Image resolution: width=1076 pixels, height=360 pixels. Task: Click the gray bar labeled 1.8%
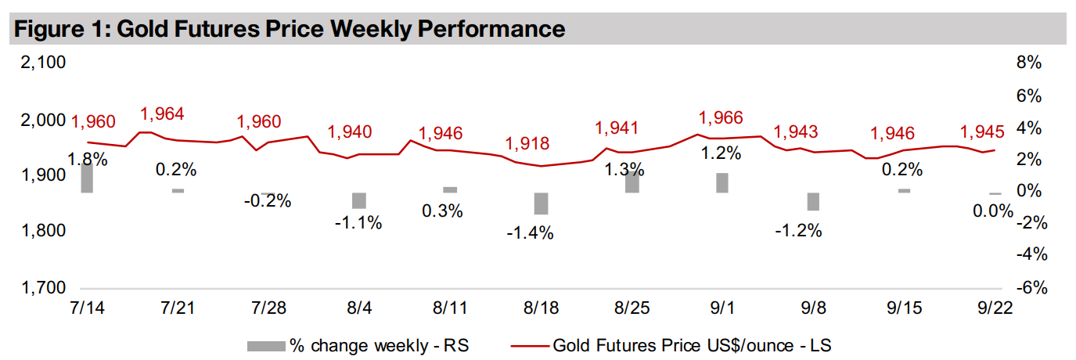coord(86,178)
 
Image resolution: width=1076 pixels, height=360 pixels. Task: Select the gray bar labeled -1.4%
coord(541,203)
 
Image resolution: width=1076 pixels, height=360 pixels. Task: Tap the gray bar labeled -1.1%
coord(358,200)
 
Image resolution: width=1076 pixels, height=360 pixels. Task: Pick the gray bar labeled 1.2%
coord(722,182)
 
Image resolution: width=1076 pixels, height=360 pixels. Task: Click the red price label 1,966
coord(722,118)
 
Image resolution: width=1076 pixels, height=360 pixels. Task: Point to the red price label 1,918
coord(527,144)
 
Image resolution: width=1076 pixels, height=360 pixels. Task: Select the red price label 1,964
coord(162,114)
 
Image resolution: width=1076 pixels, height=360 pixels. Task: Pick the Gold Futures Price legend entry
coord(696,344)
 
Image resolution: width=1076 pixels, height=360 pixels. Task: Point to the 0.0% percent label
coord(992,211)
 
